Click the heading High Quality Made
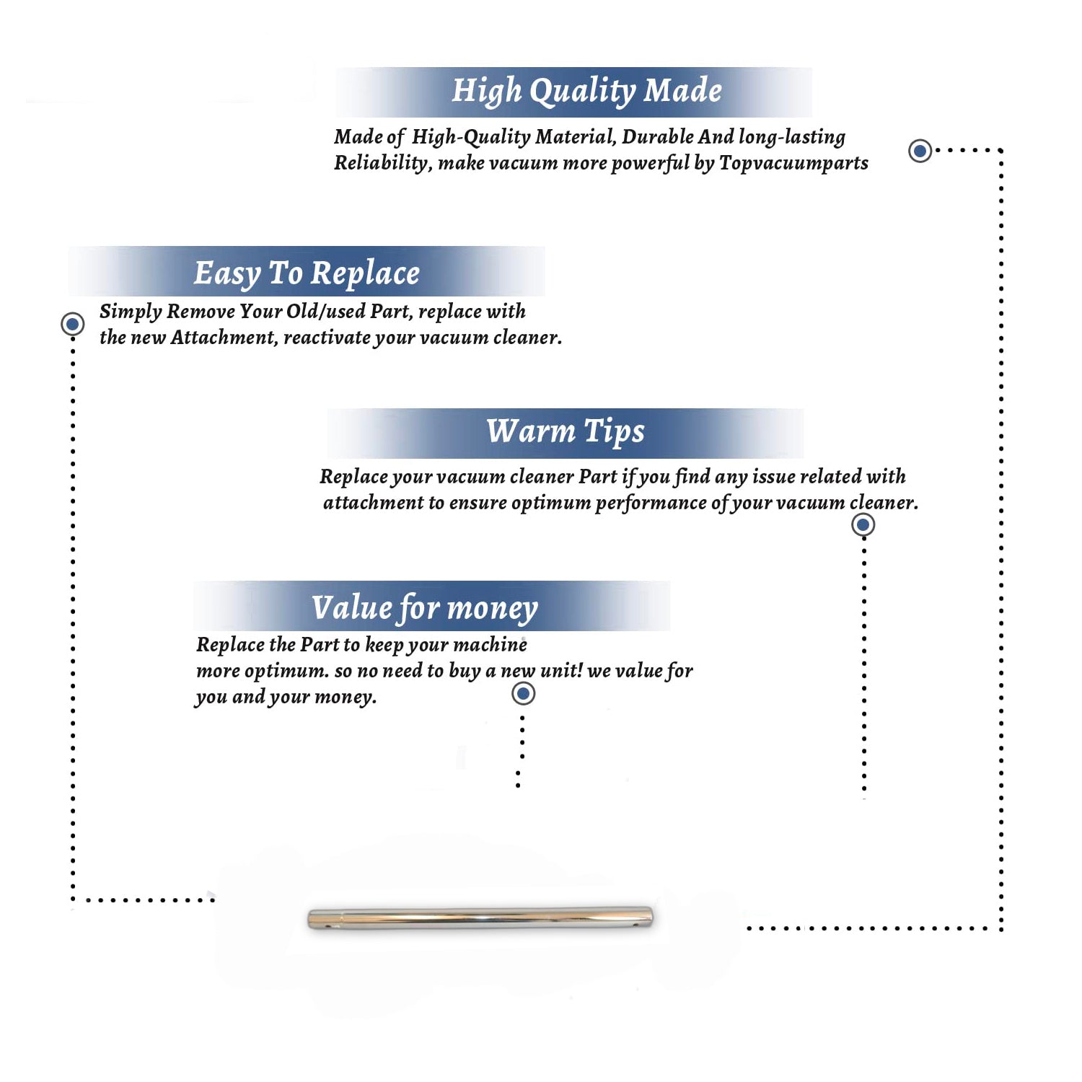click(x=586, y=92)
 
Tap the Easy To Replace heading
click(x=307, y=274)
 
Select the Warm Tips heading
click(x=566, y=432)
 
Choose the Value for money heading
click(x=425, y=607)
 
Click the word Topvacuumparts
click(x=793, y=164)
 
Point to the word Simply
click(x=131, y=312)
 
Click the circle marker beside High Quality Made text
click(x=920, y=151)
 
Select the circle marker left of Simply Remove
click(x=72, y=324)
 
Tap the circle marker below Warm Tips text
click(x=863, y=524)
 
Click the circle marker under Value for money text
click(x=523, y=694)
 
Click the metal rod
click(x=480, y=918)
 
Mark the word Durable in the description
click(x=658, y=136)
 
